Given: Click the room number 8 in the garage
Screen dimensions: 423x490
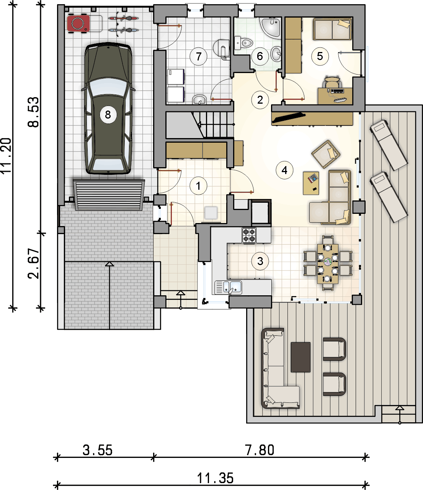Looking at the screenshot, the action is [x=108, y=115].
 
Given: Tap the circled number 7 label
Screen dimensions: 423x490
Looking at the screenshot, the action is [x=199, y=56].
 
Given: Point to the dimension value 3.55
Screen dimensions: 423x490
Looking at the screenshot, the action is [x=98, y=450].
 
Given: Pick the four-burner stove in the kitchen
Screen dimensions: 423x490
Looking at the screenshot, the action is [x=249, y=235].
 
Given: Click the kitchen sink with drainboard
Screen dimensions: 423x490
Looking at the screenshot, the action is [x=228, y=287].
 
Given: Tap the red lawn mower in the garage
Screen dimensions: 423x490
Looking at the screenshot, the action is [x=78, y=23].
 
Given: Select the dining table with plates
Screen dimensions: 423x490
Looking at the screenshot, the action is [x=328, y=264].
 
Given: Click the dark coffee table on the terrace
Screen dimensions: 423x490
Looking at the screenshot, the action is [x=301, y=357].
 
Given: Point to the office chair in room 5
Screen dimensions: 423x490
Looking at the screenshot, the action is [x=332, y=83].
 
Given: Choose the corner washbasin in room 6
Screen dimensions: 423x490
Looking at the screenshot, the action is [x=271, y=28].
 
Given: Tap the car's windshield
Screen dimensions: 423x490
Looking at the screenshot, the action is [x=108, y=87].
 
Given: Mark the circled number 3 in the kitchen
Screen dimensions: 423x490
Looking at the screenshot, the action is [x=260, y=261].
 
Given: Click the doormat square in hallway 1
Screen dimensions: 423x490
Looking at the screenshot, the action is [x=211, y=213].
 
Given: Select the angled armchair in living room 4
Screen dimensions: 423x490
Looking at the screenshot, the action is [x=326, y=154].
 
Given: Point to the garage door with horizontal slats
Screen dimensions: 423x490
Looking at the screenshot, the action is [x=109, y=195].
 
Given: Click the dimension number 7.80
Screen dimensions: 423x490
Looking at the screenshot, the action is [x=260, y=450].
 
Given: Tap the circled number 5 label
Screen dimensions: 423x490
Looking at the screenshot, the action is [x=320, y=56].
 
